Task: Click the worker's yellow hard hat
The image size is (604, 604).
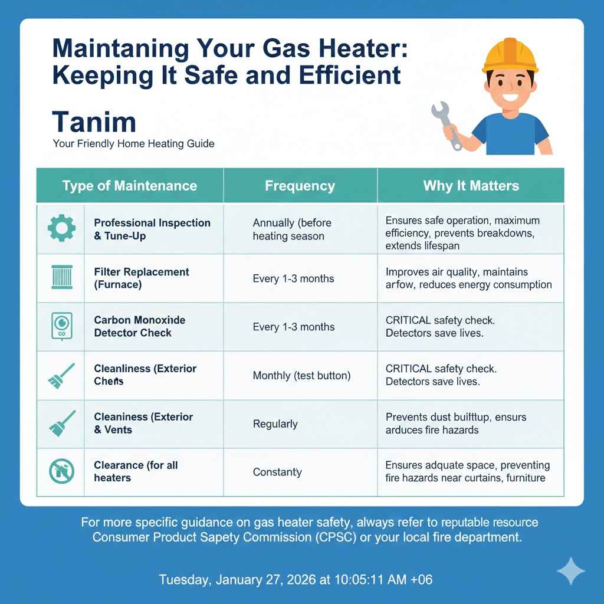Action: (510, 54)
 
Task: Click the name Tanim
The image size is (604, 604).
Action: (94, 122)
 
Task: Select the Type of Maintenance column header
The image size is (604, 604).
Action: (130, 186)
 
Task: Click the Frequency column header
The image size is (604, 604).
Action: (300, 186)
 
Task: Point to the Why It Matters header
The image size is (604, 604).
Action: (471, 186)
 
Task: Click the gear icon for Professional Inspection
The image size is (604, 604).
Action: (61, 229)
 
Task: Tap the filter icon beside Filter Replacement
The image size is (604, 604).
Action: (61, 278)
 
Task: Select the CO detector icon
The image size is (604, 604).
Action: (61, 326)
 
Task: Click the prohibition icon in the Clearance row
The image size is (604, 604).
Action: (61, 472)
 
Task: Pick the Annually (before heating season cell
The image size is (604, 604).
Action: (292, 229)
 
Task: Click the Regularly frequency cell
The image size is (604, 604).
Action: (275, 424)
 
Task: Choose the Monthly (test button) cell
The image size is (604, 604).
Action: (301, 375)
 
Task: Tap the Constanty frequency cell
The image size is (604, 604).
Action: (277, 472)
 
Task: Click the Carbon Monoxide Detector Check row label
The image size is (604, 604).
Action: (139, 326)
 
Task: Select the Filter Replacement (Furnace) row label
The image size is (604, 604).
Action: (142, 278)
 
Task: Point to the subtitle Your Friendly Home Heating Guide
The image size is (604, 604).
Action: (133, 143)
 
